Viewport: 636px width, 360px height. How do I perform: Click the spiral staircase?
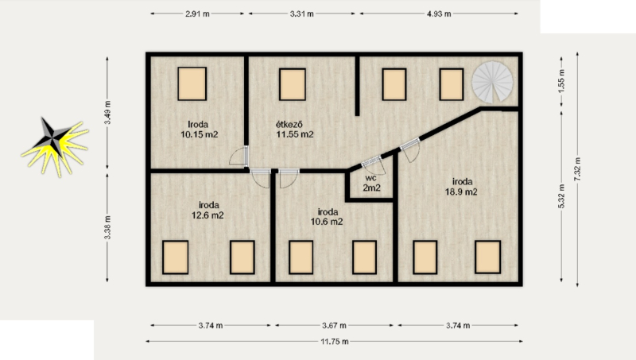[492, 83]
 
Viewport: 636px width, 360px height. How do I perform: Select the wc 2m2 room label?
[371, 183]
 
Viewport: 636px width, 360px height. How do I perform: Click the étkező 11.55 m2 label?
[295, 130]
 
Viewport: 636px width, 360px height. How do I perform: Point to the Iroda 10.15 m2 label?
[200, 130]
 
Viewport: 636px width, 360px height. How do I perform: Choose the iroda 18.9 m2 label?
[462, 187]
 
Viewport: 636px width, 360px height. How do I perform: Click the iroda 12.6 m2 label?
[207, 210]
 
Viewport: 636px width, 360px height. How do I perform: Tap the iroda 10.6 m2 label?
[327, 216]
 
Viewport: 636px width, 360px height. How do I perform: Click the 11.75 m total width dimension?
[335, 342]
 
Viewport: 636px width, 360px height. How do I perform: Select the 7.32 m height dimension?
[578, 169]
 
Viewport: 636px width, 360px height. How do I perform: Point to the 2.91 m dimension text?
[197, 14]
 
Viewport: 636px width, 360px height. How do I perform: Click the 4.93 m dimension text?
[439, 14]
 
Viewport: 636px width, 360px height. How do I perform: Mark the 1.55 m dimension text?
[561, 81]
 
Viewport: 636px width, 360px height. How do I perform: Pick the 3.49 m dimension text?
[107, 112]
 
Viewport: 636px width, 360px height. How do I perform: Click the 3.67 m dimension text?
[334, 325]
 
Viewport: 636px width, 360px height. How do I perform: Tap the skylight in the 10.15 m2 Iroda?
[192, 83]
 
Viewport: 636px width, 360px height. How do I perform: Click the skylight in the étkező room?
[293, 84]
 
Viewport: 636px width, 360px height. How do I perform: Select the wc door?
[374, 164]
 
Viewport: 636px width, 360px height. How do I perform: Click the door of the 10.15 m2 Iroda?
[239, 156]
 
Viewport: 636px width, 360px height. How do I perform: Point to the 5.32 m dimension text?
[561, 196]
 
